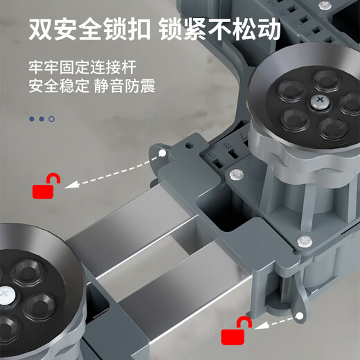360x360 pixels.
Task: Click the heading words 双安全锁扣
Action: [x=90, y=30]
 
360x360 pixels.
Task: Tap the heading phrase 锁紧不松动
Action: [x=220, y=30]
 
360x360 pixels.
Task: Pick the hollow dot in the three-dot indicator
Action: [x=51, y=118]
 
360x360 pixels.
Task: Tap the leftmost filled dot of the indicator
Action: [x=32, y=118]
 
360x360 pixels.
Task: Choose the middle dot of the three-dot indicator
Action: [x=42, y=118]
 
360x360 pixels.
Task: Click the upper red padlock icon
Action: [x=46, y=187]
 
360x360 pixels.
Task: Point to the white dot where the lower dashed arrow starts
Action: [x=300, y=316]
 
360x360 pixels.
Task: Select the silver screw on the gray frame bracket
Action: [x=303, y=240]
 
